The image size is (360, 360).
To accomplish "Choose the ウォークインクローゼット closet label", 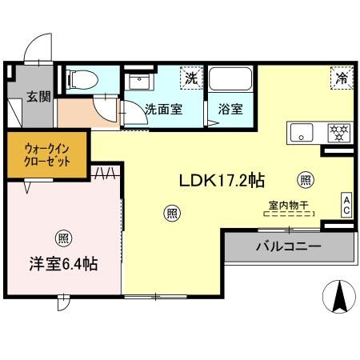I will click(x=40, y=153).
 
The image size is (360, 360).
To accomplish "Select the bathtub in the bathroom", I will click(x=231, y=81).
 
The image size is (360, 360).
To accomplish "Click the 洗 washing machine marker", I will click(x=191, y=78).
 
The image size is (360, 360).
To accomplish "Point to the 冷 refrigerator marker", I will click(x=341, y=78).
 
